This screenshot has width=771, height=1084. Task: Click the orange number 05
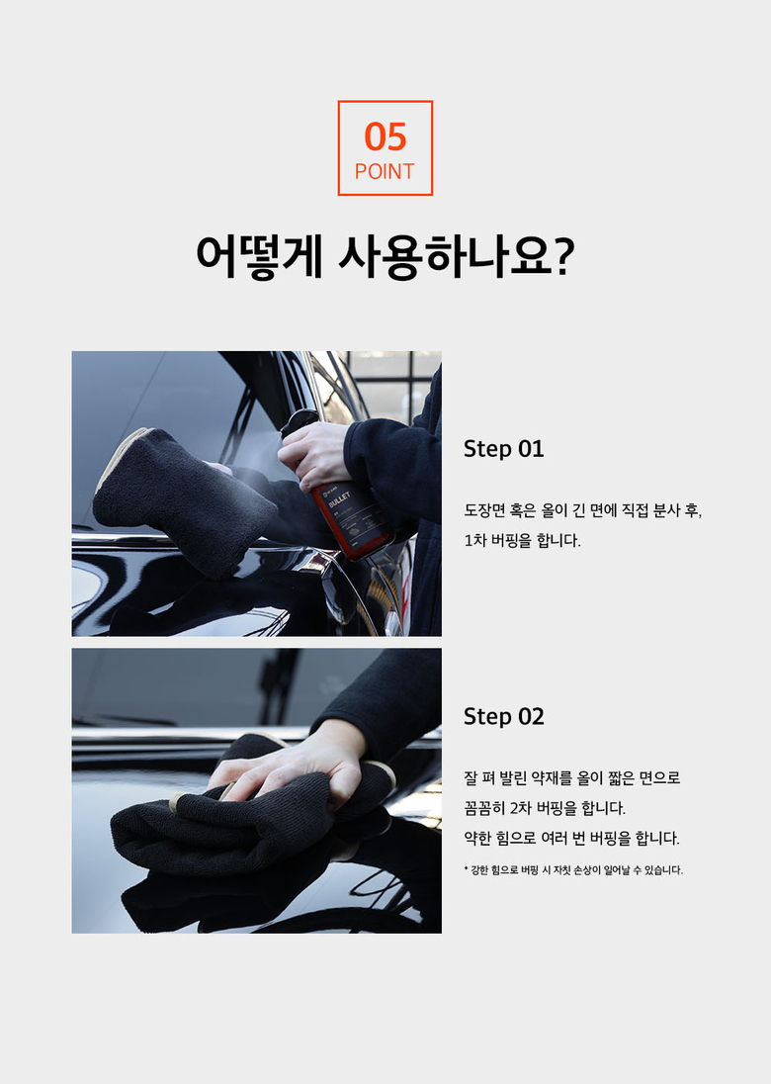point(385,136)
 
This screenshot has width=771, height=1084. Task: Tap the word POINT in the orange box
point(385,171)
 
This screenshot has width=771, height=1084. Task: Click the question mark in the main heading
point(564,256)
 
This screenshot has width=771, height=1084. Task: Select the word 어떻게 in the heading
point(259,257)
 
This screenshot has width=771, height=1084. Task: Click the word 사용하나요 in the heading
point(447,257)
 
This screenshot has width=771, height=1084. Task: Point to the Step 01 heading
point(504,449)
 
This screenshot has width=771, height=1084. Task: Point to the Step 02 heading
point(504,716)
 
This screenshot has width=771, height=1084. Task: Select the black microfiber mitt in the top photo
point(183,499)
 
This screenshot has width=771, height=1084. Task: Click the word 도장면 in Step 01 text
point(484,511)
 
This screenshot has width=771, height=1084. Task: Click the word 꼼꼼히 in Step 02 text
point(484,808)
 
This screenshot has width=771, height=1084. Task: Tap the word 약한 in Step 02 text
point(477,839)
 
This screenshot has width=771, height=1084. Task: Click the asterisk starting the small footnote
point(467,868)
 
